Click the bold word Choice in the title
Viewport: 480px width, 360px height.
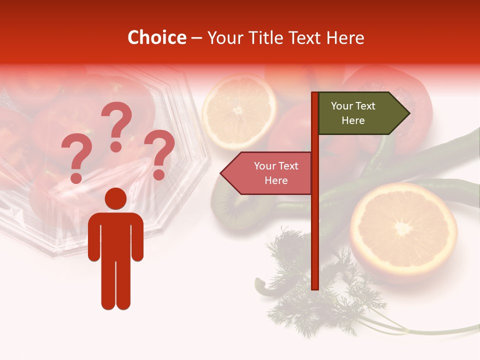coord(156,37)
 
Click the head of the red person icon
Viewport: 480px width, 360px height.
coord(116,199)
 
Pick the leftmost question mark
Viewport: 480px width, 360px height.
coord(75,159)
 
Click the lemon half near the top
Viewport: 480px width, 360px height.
coord(239,111)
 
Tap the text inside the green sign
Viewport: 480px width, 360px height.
coord(353,113)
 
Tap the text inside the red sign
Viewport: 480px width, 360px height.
coord(276,173)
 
